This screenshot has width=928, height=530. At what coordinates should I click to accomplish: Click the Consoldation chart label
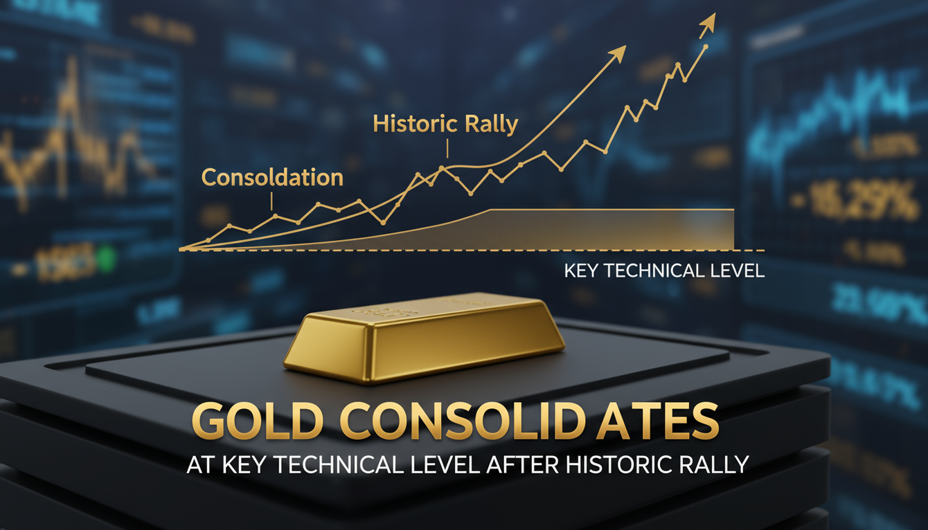[272, 177]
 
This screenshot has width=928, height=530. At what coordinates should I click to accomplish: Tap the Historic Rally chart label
[445, 124]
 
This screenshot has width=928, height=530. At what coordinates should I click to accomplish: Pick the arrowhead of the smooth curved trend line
[618, 51]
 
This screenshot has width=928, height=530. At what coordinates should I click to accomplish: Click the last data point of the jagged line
[705, 47]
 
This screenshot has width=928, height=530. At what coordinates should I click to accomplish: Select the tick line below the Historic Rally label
[447, 148]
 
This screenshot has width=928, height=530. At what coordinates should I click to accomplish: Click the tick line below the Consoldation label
[272, 201]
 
